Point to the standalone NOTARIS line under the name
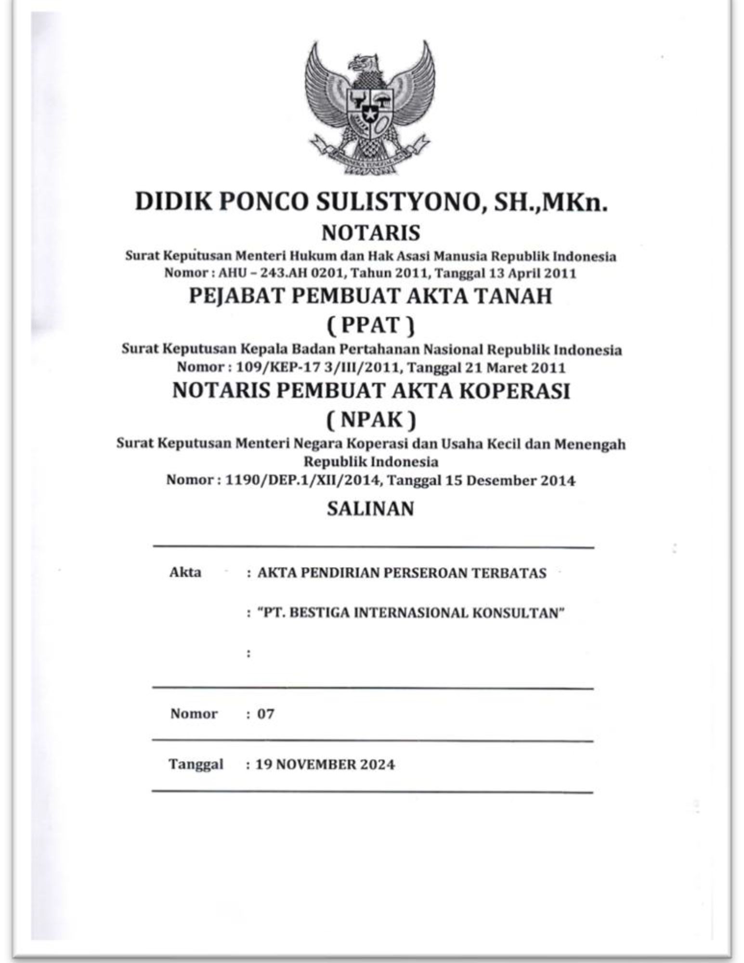tap(371, 233)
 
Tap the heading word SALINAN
tap(370, 509)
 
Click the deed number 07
tap(265, 714)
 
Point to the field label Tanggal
tap(196, 764)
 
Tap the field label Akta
tap(185, 573)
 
